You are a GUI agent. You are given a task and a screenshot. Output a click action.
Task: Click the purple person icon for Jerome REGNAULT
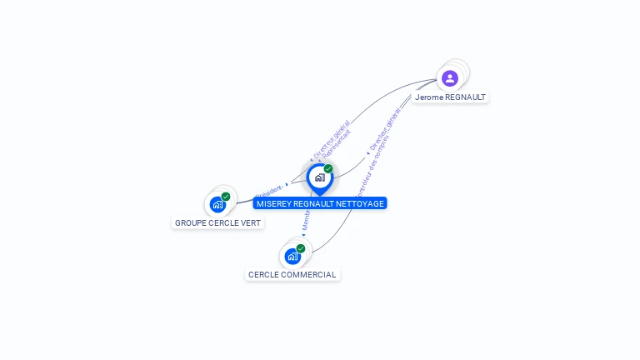point(450,78)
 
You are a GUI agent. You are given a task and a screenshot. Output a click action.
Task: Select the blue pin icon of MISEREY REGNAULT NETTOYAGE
point(319,177)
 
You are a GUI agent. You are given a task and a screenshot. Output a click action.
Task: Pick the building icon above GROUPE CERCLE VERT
point(217,204)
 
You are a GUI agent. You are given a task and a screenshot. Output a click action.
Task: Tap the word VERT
point(251,223)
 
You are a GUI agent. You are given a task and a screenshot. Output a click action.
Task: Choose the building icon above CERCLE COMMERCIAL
point(292,256)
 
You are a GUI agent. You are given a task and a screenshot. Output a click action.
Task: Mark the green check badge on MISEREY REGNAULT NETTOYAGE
point(328,169)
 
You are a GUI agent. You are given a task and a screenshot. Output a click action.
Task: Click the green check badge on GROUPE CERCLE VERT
point(226,197)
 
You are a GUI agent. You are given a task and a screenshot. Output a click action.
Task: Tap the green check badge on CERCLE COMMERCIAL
point(301,248)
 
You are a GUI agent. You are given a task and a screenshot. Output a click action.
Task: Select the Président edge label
point(269,190)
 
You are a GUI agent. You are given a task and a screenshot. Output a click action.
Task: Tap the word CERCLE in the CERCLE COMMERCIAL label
point(263,275)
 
